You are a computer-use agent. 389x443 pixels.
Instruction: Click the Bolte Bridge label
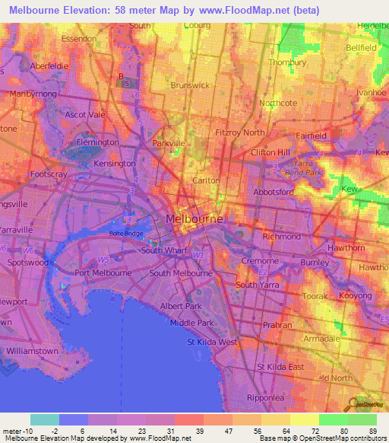click(126, 233)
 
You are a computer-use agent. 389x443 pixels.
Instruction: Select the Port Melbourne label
click(103, 272)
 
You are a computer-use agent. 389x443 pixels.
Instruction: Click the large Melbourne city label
click(194, 218)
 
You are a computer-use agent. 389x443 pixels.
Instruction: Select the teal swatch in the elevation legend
click(45, 419)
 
